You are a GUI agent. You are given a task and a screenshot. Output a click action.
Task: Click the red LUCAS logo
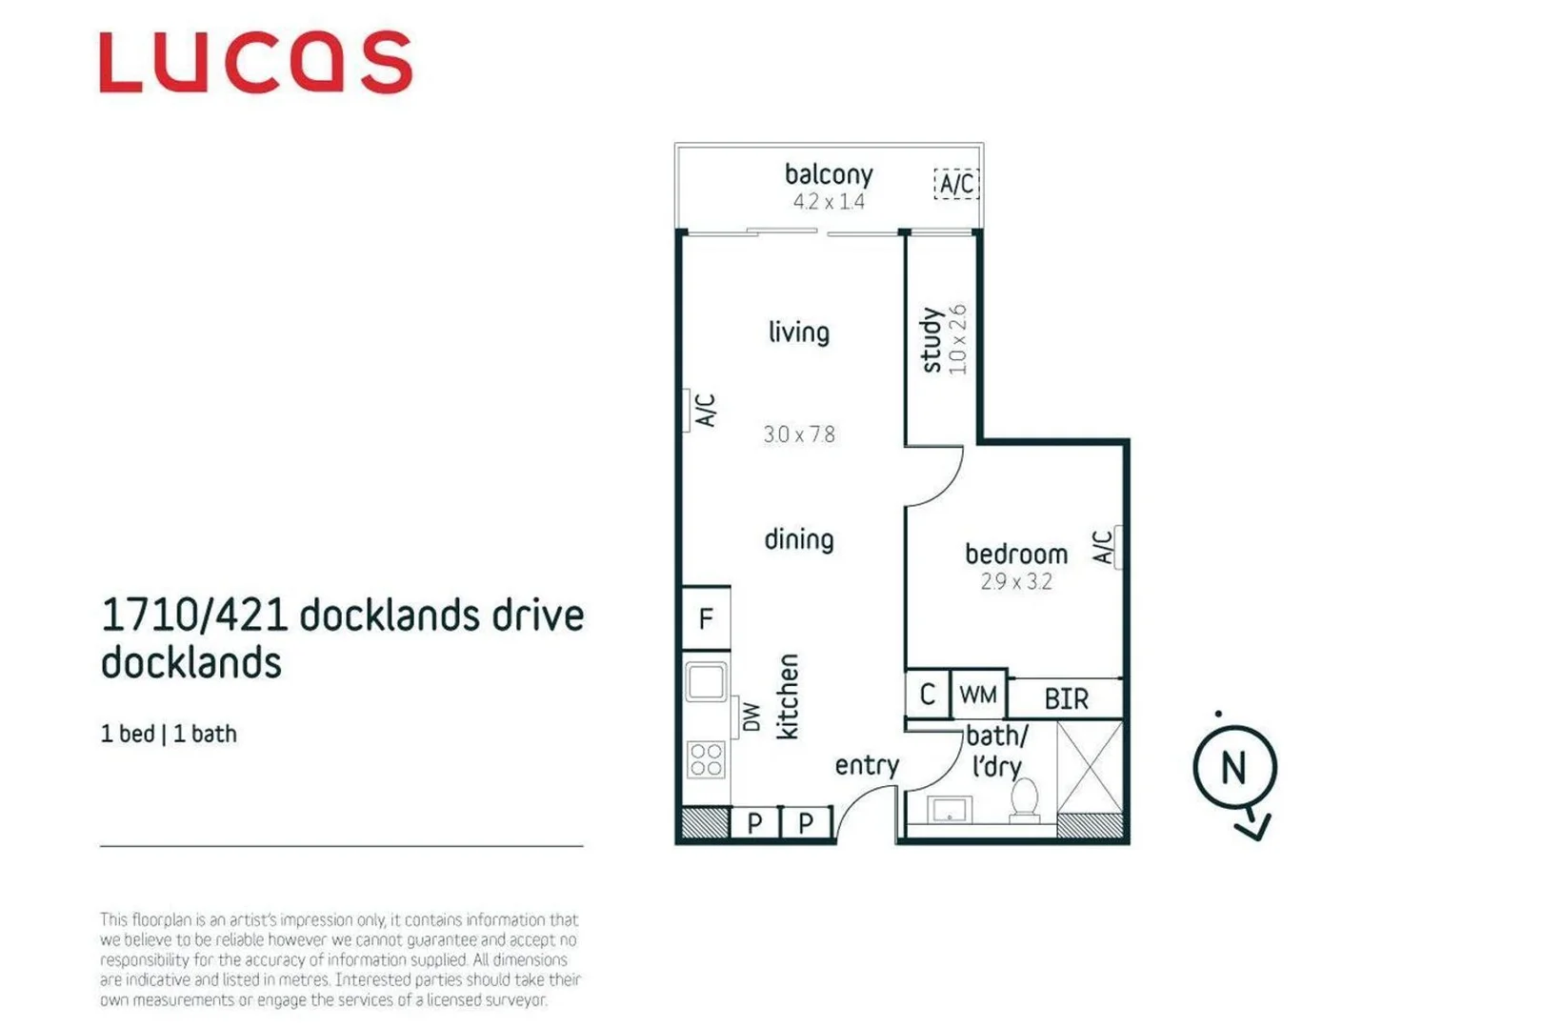(255, 63)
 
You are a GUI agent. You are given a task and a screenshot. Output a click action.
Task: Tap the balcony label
(828, 174)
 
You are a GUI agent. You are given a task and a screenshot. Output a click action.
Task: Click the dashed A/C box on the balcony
(956, 183)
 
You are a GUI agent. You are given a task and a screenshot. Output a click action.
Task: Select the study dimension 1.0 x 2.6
(958, 339)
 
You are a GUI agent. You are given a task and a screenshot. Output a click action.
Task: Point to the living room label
(798, 333)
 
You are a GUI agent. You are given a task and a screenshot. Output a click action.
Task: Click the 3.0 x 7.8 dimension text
(798, 435)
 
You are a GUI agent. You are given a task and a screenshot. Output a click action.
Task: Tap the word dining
(798, 539)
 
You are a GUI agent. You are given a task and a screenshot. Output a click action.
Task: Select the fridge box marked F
(706, 618)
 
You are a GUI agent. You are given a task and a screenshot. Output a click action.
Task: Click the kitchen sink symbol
(706, 682)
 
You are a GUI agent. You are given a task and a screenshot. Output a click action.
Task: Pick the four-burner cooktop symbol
(706, 760)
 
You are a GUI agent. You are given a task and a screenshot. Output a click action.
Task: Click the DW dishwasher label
(751, 717)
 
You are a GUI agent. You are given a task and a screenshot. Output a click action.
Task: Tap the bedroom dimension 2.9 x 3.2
(1015, 582)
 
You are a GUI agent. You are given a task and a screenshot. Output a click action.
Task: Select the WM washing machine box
(978, 695)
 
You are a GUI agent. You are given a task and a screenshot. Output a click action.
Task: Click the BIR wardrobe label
(1066, 700)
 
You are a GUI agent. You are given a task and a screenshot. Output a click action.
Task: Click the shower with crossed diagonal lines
(1090, 767)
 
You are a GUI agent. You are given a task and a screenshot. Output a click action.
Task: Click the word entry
(866, 765)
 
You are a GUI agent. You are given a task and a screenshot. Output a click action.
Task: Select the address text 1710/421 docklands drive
(342, 615)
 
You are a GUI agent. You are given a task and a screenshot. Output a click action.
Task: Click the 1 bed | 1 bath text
(169, 734)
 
